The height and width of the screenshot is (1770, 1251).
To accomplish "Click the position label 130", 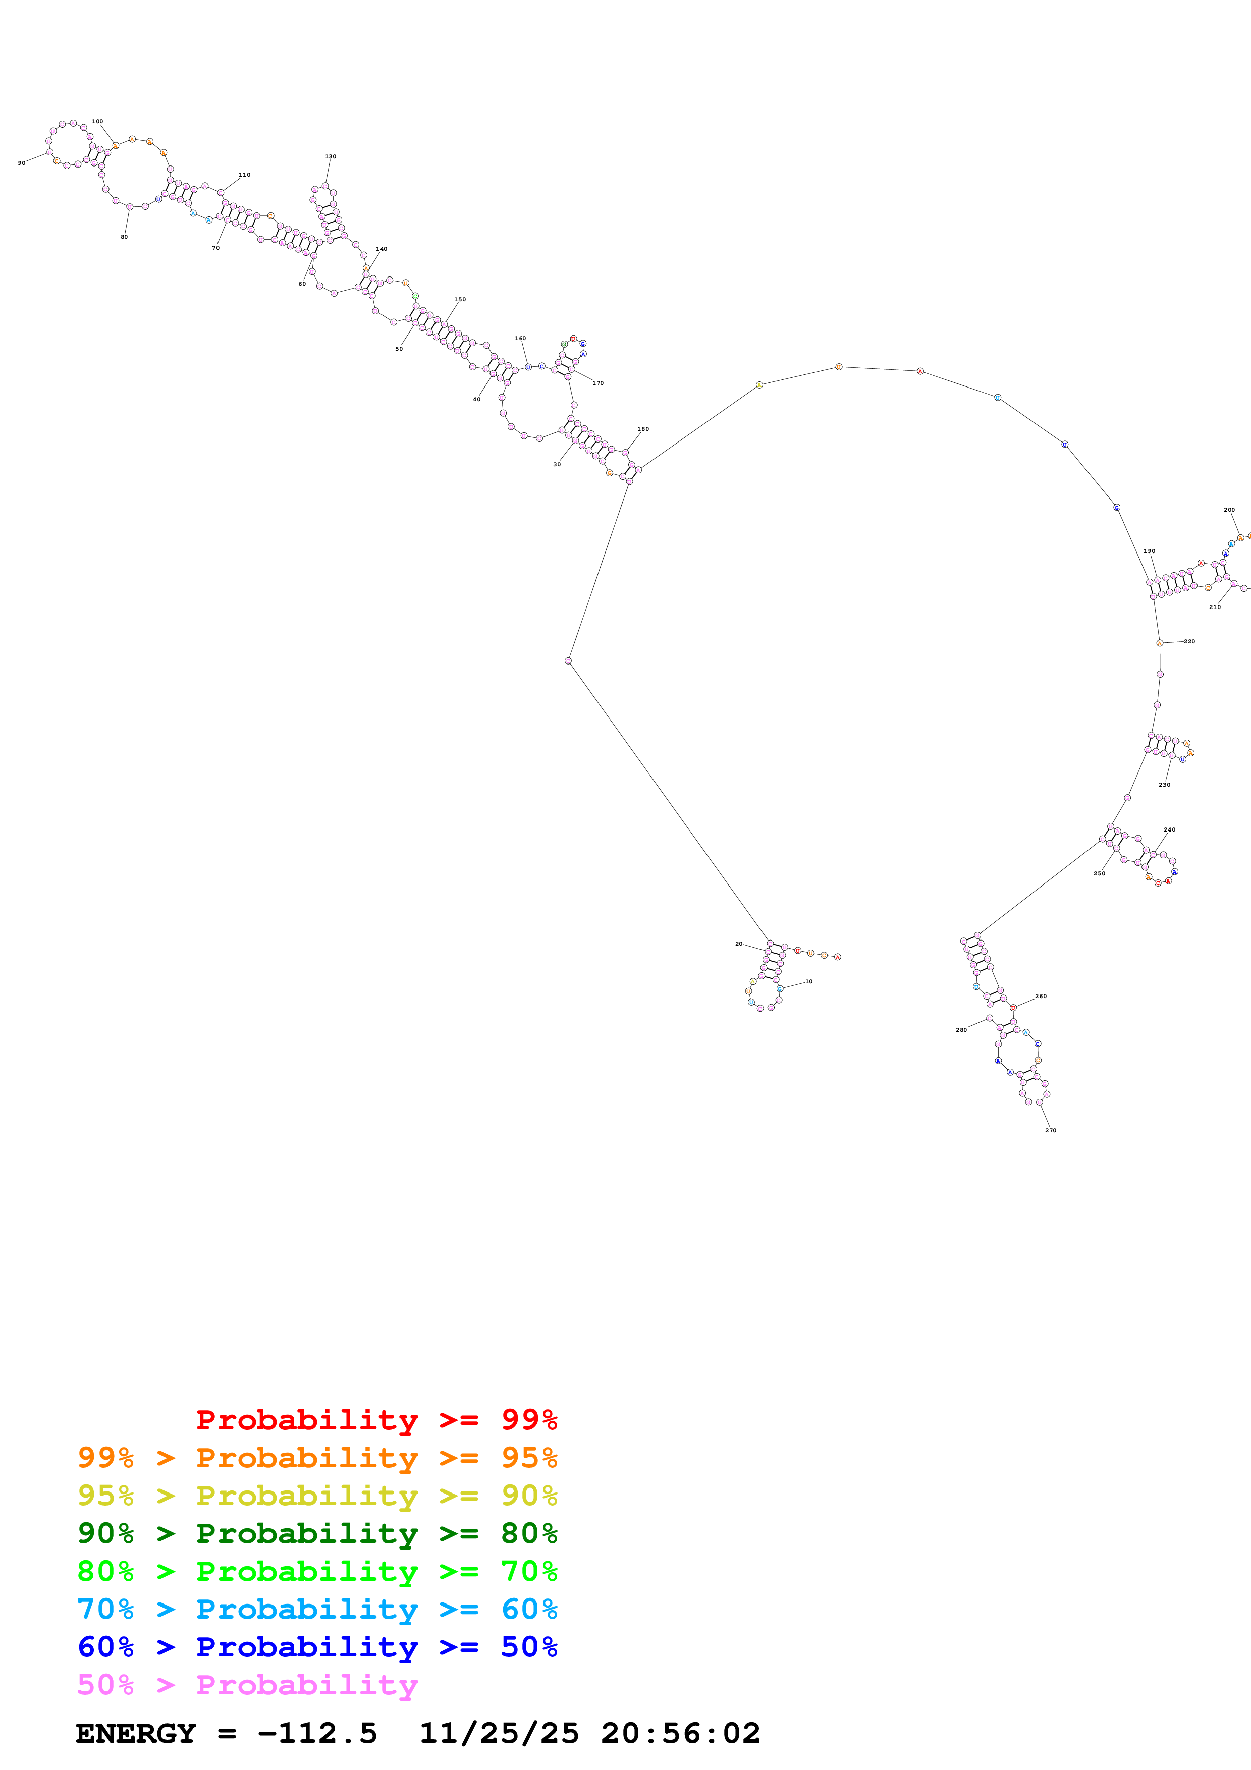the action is [x=330, y=156].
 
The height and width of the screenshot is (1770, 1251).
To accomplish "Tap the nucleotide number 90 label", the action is [x=22, y=162].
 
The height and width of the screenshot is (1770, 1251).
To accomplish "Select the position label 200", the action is [x=1229, y=510].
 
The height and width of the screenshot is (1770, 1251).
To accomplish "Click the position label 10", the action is [x=808, y=981].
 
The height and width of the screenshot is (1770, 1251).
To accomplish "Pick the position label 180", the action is [x=643, y=428].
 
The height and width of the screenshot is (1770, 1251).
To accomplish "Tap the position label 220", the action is [x=1189, y=641].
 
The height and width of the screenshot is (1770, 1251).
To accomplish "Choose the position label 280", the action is [x=961, y=1030].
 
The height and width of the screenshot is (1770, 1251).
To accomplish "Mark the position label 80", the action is [x=124, y=237].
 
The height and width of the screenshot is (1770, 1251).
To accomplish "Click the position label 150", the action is [x=459, y=299].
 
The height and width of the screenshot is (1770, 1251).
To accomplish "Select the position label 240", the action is [x=1169, y=829].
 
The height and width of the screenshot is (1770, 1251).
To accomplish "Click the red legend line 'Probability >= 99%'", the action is [x=376, y=1419].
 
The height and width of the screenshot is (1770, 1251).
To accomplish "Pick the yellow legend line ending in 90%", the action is [x=317, y=1496].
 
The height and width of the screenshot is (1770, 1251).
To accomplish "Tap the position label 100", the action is [x=97, y=121].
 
